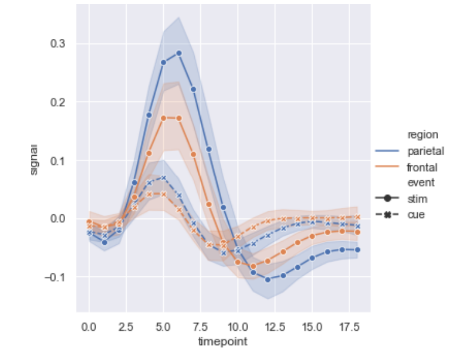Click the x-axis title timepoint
click(222, 342)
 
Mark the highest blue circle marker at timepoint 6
click(178, 53)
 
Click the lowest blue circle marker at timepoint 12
click(268, 279)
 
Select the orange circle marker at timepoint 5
click(163, 118)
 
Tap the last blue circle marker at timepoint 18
click(357, 250)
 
